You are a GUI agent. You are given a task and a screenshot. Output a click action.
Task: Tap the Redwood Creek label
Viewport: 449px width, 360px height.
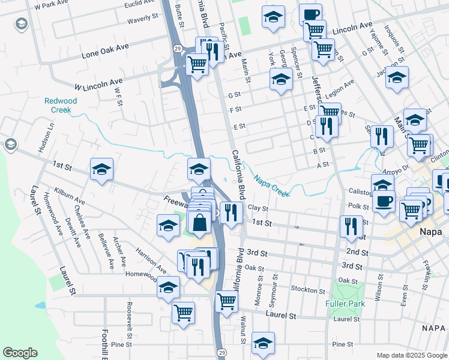coord(61,106)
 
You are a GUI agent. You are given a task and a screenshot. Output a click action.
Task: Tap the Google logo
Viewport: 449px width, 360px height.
coord(20,353)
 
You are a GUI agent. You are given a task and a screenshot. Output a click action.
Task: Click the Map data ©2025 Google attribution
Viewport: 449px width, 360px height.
coord(411,355)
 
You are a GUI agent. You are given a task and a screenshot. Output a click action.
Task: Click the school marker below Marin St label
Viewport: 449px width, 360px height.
coord(280,79)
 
